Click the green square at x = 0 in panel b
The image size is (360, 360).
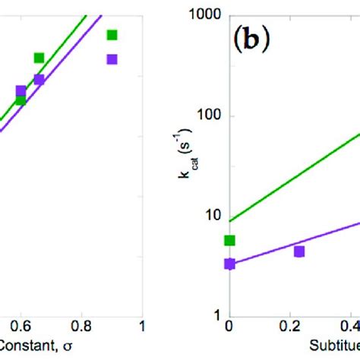pyautogui.click(x=230, y=241)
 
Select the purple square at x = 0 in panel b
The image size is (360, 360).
pyautogui.click(x=230, y=264)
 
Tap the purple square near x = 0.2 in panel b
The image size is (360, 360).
pyautogui.click(x=299, y=251)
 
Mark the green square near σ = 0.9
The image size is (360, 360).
pyautogui.click(x=112, y=34)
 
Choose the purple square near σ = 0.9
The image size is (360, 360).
pyautogui.click(x=112, y=58)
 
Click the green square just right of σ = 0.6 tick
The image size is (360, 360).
pyautogui.click(x=39, y=58)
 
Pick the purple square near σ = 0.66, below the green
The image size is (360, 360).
pyautogui.click(x=39, y=79)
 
